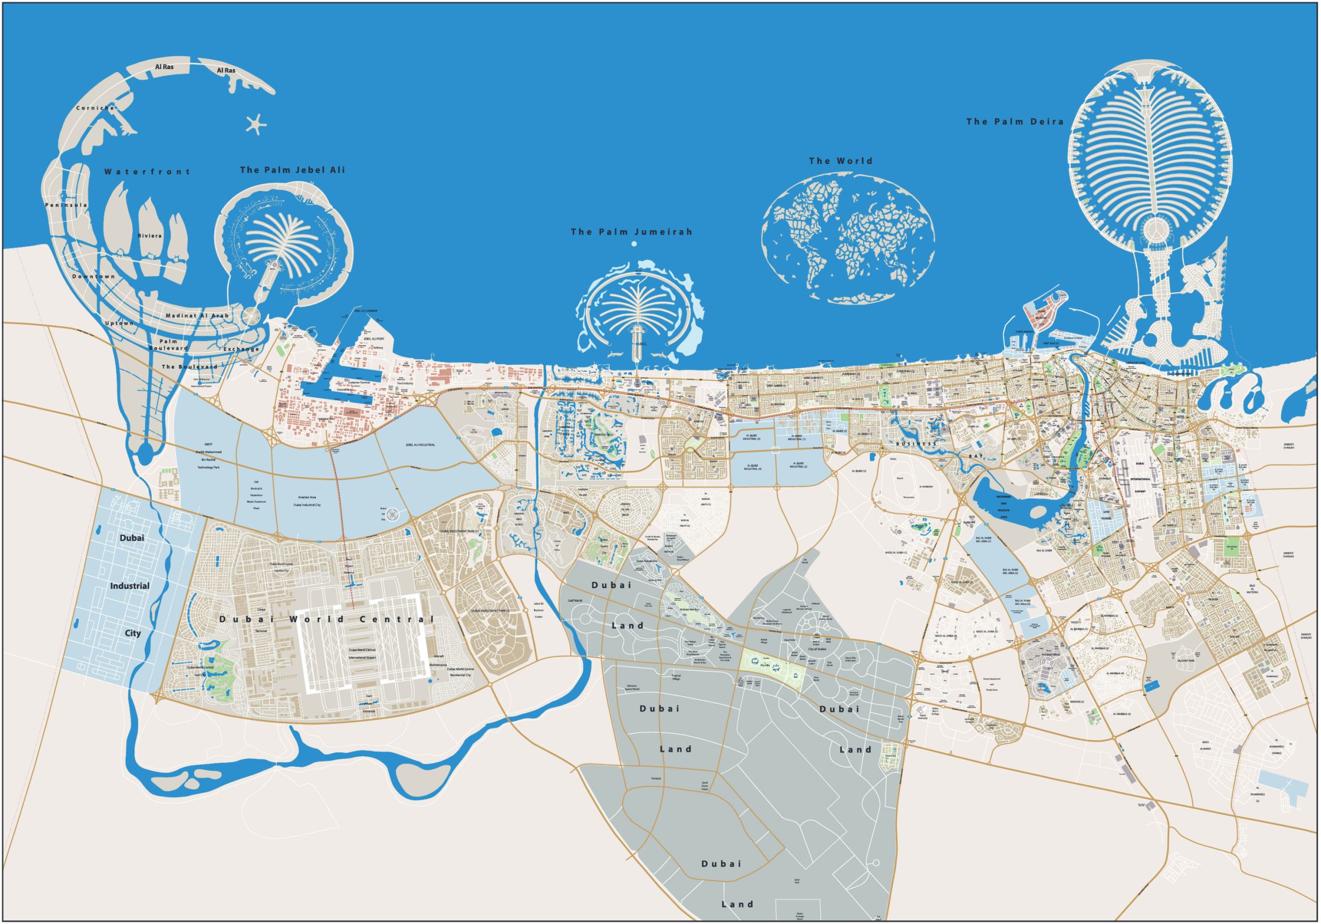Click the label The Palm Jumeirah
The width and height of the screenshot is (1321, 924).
(x=631, y=232)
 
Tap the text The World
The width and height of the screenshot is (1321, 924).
(x=841, y=161)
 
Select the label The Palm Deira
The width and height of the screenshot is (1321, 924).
(x=1015, y=121)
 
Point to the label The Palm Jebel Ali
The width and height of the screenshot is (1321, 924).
(x=292, y=170)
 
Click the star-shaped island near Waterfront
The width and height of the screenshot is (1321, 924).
(x=256, y=124)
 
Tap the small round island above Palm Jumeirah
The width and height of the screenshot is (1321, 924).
(x=634, y=244)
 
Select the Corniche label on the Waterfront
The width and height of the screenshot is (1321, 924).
(x=95, y=108)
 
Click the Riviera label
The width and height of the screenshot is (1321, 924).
(x=150, y=236)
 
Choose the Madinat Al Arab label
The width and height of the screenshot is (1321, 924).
(x=197, y=315)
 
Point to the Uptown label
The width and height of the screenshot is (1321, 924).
(x=119, y=323)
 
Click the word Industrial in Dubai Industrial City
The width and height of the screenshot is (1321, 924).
(x=130, y=586)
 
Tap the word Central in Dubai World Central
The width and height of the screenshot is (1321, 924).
(x=397, y=619)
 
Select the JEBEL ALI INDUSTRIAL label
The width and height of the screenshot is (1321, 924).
(x=420, y=445)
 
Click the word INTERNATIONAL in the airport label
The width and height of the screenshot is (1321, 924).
(x=1140, y=479)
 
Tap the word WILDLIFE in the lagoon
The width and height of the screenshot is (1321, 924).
(x=1004, y=510)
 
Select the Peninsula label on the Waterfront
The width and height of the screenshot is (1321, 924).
(x=66, y=205)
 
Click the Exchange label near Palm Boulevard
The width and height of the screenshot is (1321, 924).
(x=241, y=349)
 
